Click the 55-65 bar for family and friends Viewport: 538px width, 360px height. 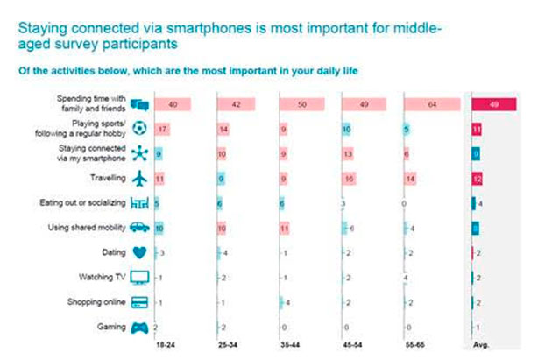pyautogui.click(x=434, y=104)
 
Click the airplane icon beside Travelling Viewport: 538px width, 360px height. pyautogui.click(x=138, y=178)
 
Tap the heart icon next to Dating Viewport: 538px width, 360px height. pyautogui.click(x=138, y=253)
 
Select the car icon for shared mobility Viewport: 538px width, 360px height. pyautogui.click(x=138, y=228)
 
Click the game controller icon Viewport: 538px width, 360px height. pyautogui.click(x=138, y=328)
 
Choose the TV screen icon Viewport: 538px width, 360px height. pyautogui.click(x=138, y=278)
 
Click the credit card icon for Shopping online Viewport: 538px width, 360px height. pyautogui.click(x=138, y=303)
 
